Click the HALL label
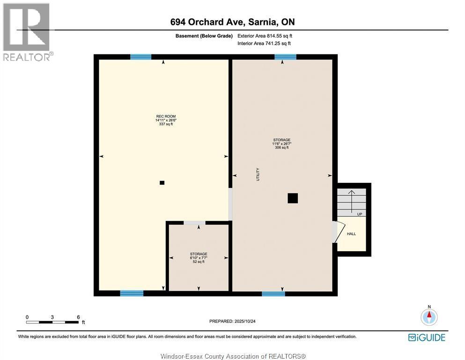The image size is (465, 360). [x=351, y=233]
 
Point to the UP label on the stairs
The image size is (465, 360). [x=360, y=214]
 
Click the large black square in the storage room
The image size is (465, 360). [x=293, y=198]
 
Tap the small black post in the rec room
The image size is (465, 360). [x=162, y=183]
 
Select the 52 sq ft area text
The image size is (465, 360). [x=199, y=262]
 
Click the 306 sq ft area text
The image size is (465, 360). [x=282, y=148]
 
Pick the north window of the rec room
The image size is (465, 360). [x=140, y=57]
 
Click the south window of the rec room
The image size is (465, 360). [x=132, y=293]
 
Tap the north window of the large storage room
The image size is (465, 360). [x=285, y=57]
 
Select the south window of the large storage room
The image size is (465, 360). [x=273, y=294]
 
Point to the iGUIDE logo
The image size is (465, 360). [x=427, y=337]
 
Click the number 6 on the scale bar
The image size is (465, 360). [x=78, y=317]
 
